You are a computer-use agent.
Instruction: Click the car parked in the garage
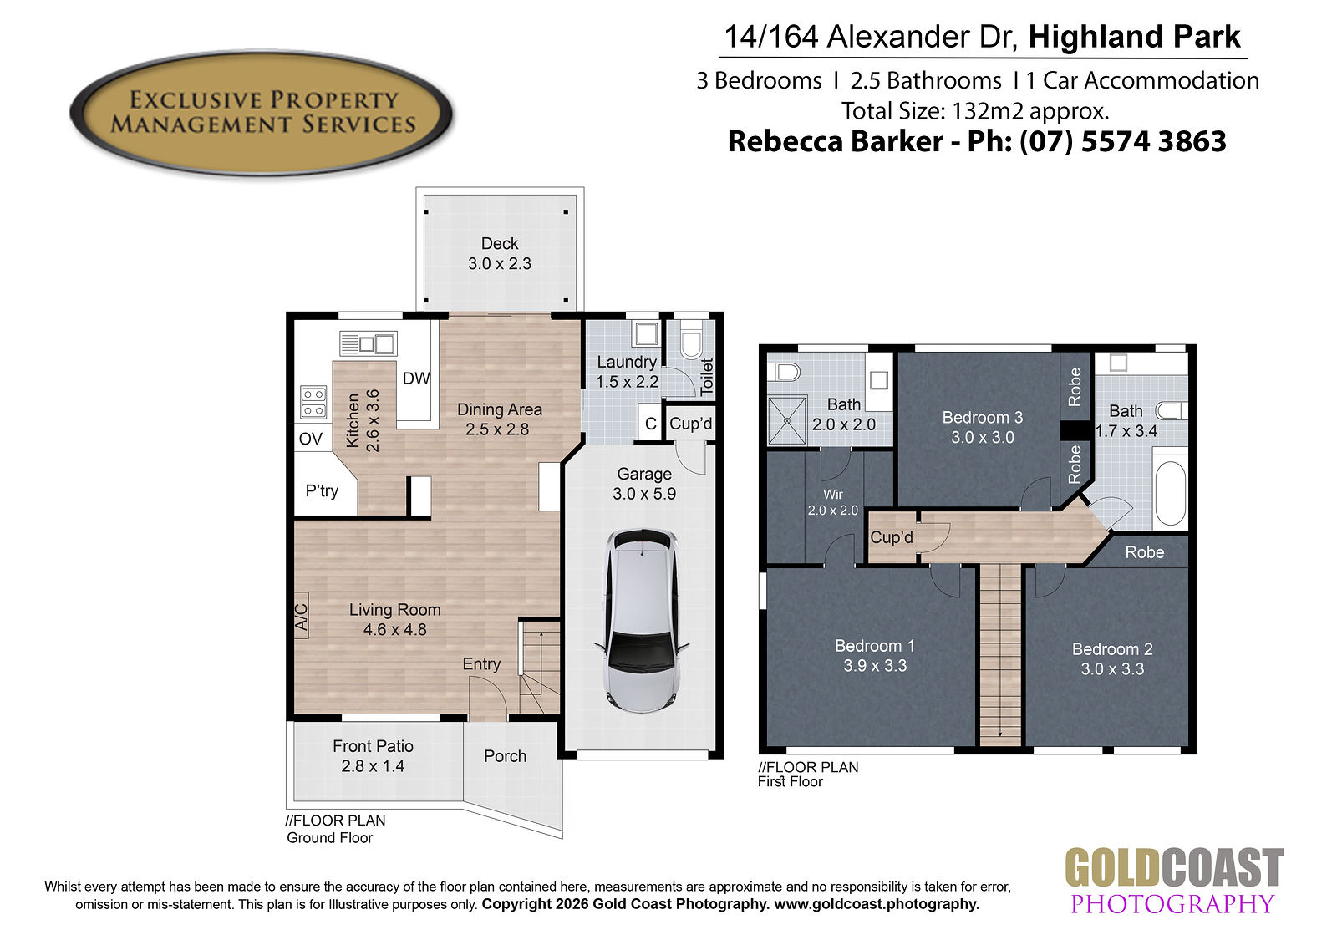click(643, 621)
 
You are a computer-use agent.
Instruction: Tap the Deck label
click(500, 244)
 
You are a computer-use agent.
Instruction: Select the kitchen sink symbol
click(369, 344)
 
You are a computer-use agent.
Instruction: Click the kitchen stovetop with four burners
click(313, 403)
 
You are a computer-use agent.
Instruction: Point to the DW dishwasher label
click(416, 379)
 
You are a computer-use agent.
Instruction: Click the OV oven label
click(310, 439)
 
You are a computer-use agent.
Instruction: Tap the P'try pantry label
click(322, 490)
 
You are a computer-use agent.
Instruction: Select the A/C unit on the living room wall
click(302, 616)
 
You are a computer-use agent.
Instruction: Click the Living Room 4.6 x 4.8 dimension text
click(394, 630)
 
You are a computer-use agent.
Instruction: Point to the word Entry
click(481, 664)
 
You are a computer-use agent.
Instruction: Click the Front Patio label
click(373, 746)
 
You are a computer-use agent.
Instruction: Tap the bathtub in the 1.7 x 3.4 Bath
click(1170, 494)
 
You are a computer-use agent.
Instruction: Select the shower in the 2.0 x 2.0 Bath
click(787, 420)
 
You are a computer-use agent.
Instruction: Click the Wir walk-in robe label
click(832, 495)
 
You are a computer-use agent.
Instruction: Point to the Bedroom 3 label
click(983, 418)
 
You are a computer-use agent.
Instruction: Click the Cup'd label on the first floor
click(891, 537)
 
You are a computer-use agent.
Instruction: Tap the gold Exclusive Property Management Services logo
click(262, 113)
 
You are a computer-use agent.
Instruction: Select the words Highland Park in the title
click(1134, 37)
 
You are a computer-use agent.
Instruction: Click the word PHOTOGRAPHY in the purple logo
click(1173, 904)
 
